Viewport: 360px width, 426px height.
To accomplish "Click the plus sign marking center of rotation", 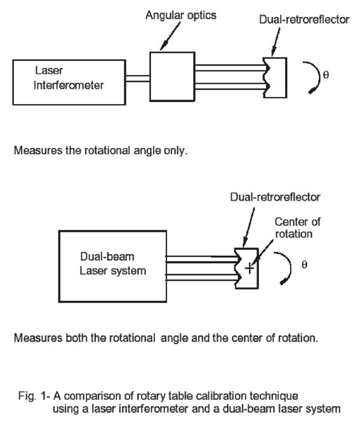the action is pyautogui.click(x=249, y=269).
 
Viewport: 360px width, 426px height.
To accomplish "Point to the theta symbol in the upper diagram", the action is pyautogui.click(x=326, y=74).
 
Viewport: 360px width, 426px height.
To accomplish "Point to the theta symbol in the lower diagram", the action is pyautogui.click(x=305, y=264).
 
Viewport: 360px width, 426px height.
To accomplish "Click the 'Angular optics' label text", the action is pyautogui.click(x=181, y=15).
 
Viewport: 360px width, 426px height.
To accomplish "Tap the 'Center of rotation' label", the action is pyautogui.click(x=298, y=228).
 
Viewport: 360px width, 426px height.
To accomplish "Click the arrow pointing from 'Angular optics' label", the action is pyautogui.click(x=170, y=36).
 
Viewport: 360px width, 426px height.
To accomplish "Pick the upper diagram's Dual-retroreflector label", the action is pyautogui.click(x=304, y=20).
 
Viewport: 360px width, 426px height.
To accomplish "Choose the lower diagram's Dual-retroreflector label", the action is pyautogui.click(x=275, y=197).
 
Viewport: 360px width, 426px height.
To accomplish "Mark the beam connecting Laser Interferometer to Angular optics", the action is pyautogui.click(x=138, y=79).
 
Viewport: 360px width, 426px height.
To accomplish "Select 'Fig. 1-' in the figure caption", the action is pyautogui.click(x=34, y=396).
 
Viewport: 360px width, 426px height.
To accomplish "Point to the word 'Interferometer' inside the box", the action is pyautogui.click(x=69, y=85).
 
